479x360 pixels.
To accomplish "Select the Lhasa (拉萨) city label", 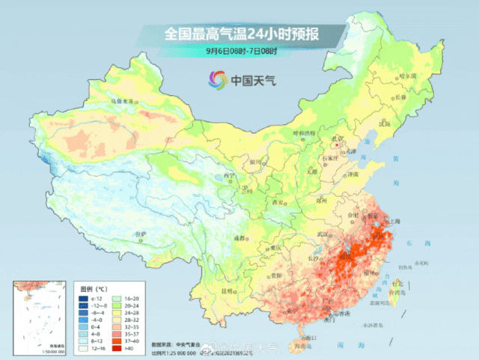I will click(140, 234).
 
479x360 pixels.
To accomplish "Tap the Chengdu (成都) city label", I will click(239, 237).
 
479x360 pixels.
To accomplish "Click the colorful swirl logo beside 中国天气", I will click(217, 79).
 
